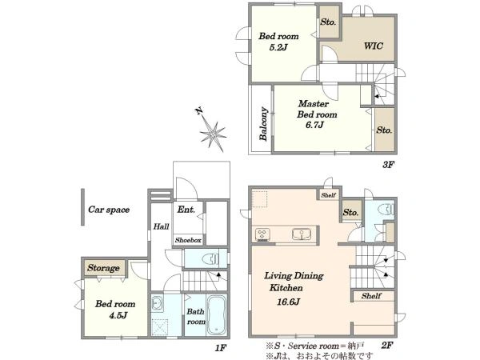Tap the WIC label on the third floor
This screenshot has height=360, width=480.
(x=373, y=46)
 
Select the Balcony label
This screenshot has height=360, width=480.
(x=263, y=124)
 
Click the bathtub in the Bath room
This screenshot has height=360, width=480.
(x=217, y=315)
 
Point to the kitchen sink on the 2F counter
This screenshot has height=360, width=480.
(x=302, y=234)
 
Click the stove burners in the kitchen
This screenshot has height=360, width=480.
(x=262, y=234)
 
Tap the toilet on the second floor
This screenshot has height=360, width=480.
(x=386, y=210)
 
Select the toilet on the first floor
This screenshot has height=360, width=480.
(x=210, y=259)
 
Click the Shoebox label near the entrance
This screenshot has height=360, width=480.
(x=188, y=240)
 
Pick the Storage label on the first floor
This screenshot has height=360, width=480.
(x=103, y=268)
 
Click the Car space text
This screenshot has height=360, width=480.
(x=109, y=210)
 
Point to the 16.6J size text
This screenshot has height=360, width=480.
(x=288, y=302)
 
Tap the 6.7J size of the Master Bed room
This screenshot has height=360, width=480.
(x=314, y=125)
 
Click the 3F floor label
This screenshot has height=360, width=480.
(x=388, y=165)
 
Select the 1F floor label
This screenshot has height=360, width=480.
(x=221, y=348)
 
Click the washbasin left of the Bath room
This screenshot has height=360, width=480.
(x=157, y=303)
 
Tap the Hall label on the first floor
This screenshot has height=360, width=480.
(x=161, y=226)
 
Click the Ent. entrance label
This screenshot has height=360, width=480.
(x=186, y=210)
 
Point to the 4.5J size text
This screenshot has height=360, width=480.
(x=118, y=315)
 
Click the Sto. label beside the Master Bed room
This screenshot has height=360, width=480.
(x=384, y=130)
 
